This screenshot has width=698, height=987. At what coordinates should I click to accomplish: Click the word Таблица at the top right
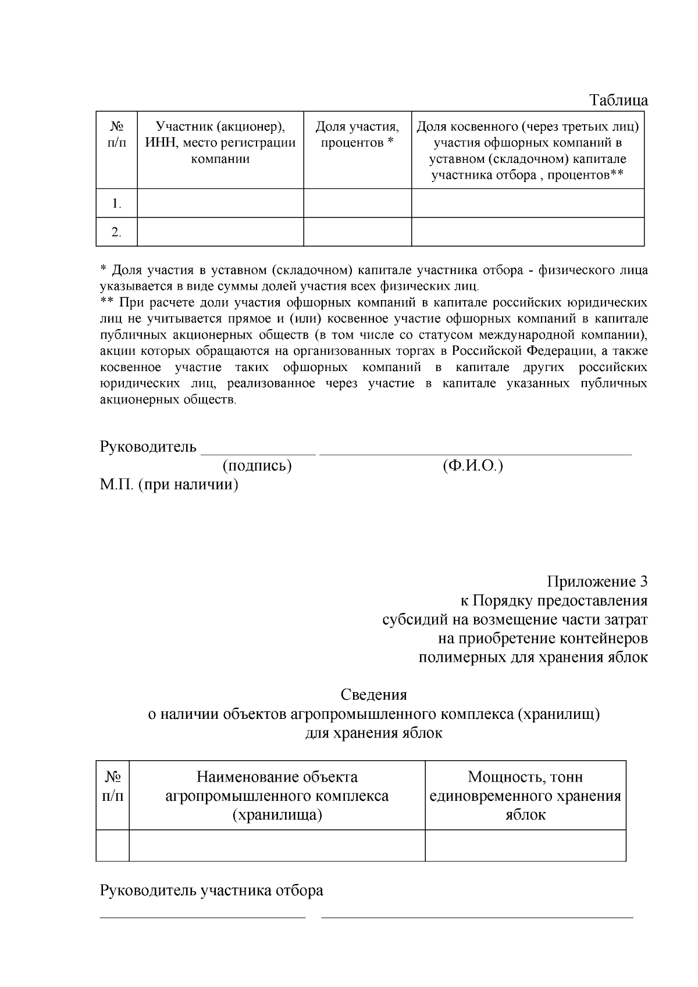[619, 100]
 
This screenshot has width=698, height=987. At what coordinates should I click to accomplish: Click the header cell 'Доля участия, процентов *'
[357, 134]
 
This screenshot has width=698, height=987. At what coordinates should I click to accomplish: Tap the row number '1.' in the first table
[116, 204]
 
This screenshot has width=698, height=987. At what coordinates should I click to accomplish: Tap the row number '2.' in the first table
[116, 232]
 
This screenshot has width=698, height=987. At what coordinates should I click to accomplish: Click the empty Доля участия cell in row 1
[357, 203]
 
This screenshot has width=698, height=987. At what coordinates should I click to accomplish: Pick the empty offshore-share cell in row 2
[528, 231]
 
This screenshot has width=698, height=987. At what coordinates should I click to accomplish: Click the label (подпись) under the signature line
[257, 466]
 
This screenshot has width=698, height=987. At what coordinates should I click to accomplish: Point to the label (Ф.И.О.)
[472, 466]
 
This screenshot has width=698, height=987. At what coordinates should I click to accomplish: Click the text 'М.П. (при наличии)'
[169, 484]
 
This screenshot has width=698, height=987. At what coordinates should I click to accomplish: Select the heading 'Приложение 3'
[597, 582]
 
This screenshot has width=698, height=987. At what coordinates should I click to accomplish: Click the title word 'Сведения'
[373, 694]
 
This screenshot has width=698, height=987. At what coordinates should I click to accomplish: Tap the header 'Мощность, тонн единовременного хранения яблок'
[525, 796]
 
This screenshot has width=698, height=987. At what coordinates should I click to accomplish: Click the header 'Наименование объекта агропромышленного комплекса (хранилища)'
[277, 796]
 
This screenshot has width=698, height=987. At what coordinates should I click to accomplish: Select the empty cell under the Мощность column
[525, 845]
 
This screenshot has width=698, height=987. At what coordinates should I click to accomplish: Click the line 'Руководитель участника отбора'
[212, 890]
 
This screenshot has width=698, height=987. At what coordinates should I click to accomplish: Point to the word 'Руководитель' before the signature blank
[148, 447]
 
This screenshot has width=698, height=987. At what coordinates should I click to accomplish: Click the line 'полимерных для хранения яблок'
[533, 657]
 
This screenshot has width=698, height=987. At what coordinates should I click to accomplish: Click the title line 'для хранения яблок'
[373, 733]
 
